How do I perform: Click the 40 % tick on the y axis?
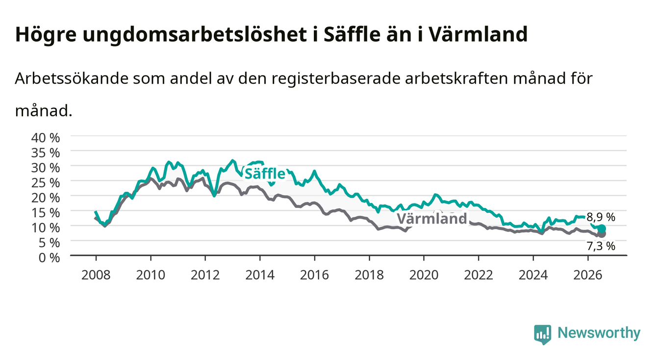pos(46,138)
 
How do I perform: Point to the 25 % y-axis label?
pos(46,183)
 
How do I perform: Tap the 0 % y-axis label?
pos(49,257)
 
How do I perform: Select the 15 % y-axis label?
pos(46,213)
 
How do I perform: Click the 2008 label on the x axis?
pos(96,275)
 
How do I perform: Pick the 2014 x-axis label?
pos(260,275)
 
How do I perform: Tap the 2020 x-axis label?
pos(424,275)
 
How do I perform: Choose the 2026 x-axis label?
pos(588,275)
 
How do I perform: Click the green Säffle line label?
pos(265,174)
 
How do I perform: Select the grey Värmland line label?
pos(432,219)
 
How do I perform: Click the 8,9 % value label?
pos(601,217)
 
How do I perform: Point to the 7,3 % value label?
pos(601,246)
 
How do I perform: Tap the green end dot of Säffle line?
pos(602,229)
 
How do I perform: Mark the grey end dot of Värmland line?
pos(602,234)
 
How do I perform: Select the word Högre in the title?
pos(46,35)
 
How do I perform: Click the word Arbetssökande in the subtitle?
pos(72,78)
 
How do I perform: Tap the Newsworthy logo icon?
pos(543,334)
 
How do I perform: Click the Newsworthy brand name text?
pos(599,333)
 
